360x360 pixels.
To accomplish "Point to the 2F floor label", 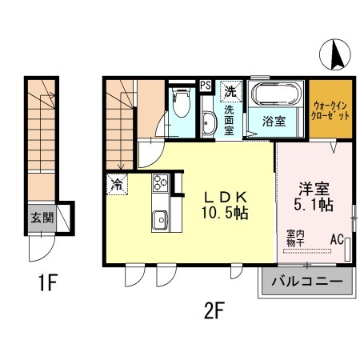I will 212,310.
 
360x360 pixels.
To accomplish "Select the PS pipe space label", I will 206,86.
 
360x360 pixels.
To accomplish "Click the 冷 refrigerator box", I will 117,183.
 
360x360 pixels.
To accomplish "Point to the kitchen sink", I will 159,217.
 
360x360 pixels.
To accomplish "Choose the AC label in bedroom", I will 337,238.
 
